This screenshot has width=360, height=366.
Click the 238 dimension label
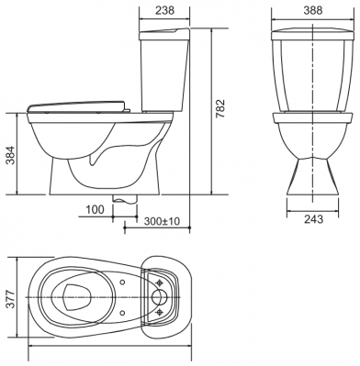(164, 10)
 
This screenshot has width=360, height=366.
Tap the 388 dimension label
(313, 10)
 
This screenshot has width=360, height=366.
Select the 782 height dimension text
(220, 109)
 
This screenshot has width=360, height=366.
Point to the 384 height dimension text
(11, 155)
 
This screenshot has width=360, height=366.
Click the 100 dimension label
(95, 210)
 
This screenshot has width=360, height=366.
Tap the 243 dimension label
(313, 219)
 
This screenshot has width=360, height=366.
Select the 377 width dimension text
(11, 299)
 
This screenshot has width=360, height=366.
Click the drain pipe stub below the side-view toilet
(125, 199)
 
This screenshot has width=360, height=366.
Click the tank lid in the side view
(164, 34)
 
